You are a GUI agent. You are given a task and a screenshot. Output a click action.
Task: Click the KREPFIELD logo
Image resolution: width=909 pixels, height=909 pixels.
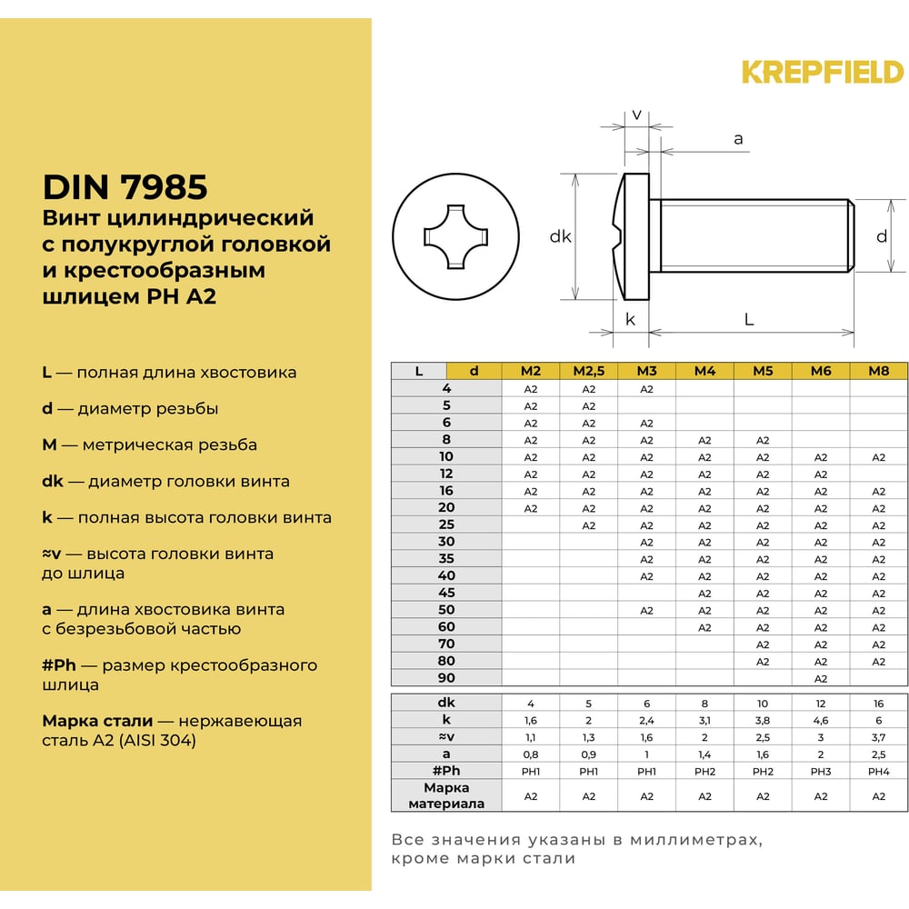click(822, 71)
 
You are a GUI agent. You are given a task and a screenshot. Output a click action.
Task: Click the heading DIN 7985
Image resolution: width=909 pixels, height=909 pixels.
click(125, 187)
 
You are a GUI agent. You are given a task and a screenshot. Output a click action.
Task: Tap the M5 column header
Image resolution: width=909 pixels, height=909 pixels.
click(763, 371)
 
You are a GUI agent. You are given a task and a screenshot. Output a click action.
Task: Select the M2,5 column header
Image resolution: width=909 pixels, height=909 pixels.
click(588, 371)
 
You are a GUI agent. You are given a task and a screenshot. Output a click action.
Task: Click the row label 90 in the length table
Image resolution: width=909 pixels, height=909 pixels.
click(445, 678)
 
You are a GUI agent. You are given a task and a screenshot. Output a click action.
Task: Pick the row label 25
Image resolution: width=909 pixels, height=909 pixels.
click(445, 524)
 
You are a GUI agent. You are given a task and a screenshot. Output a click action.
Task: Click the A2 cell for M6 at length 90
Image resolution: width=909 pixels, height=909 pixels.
click(821, 678)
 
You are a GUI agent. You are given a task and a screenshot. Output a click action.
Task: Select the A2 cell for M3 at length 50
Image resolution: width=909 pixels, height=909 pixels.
click(646, 610)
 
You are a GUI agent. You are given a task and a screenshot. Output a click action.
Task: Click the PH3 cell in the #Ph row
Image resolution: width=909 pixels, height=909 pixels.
click(821, 771)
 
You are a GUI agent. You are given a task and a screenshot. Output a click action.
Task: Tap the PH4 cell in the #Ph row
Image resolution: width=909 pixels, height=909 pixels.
click(878, 771)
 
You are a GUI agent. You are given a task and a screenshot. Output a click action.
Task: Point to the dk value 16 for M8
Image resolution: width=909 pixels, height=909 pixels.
click(878, 704)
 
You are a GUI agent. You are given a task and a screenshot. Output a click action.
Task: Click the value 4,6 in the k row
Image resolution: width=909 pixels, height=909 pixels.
click(821, 720)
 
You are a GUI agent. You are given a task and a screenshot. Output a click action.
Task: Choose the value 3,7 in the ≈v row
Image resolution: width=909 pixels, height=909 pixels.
click(878, 737)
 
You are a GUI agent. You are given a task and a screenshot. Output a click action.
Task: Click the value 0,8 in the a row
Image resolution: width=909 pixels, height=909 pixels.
click(531, 754)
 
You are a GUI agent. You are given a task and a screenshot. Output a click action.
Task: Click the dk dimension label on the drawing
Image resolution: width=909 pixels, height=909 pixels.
click(560, 236)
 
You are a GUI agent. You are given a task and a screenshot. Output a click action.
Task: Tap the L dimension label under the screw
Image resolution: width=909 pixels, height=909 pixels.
click(749, 319)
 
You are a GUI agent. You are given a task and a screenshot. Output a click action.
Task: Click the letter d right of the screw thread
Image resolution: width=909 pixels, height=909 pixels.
click(881, 236)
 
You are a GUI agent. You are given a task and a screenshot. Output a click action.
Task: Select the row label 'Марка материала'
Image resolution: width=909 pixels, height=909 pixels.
click(446, 795)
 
